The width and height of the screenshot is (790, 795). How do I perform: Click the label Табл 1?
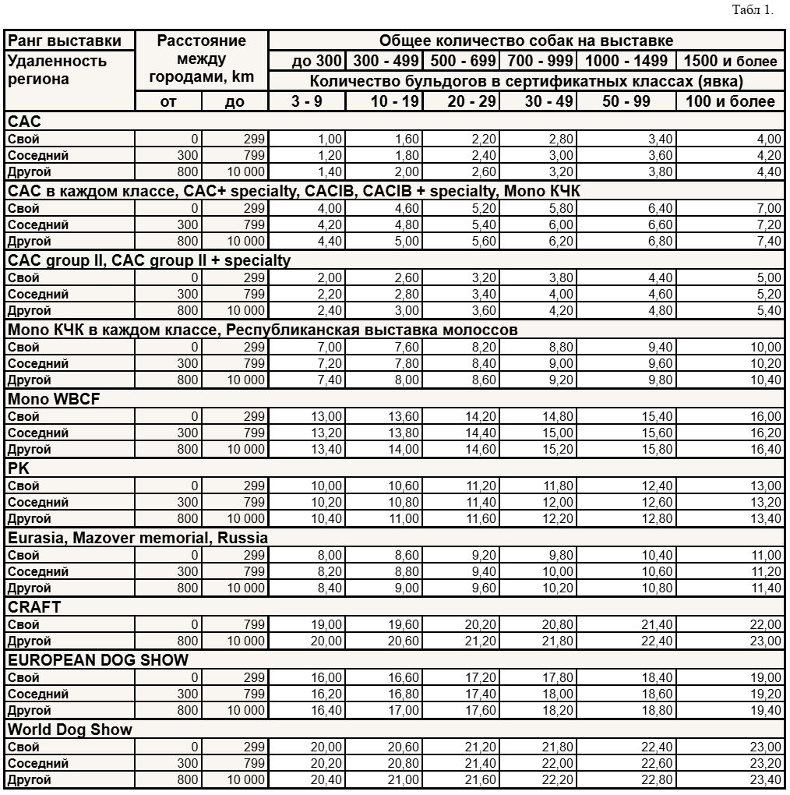tap(753, 10)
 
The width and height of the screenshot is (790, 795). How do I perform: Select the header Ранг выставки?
tap(65, 41)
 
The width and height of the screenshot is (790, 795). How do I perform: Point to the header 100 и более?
tap(730, 101)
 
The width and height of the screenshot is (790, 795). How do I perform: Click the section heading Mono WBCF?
tap(55, 399)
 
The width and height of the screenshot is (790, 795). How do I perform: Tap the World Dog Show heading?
tap(70, 730)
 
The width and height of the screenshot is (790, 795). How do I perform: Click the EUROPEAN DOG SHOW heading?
tap(98, 660)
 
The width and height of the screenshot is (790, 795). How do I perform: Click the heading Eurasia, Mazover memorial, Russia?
tap(138, 538)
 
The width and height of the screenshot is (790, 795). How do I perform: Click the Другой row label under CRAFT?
tap(30, 641)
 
